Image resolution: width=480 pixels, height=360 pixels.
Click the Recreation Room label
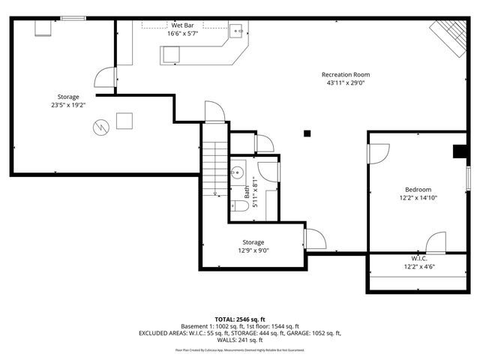[x=345, y=74]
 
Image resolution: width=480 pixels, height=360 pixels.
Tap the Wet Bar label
[x=183, y=25]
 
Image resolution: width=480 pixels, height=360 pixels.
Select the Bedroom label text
[x=418, y=189]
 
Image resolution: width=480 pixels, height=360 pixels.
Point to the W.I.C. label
[x=419, y=258]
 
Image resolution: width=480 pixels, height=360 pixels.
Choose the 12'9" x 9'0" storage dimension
[x=253, y=250]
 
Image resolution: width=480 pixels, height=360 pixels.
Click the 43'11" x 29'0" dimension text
[x=345, y=83]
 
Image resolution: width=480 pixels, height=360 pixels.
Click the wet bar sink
[x=235, y=31]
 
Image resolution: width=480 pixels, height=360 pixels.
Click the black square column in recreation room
[x=307, y=133]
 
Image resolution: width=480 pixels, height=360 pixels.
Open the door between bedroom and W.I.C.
[x=436, y=244]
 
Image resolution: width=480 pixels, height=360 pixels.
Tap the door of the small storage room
[x=315, y=239]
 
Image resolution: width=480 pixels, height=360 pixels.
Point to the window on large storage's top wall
[x=73, y=18]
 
